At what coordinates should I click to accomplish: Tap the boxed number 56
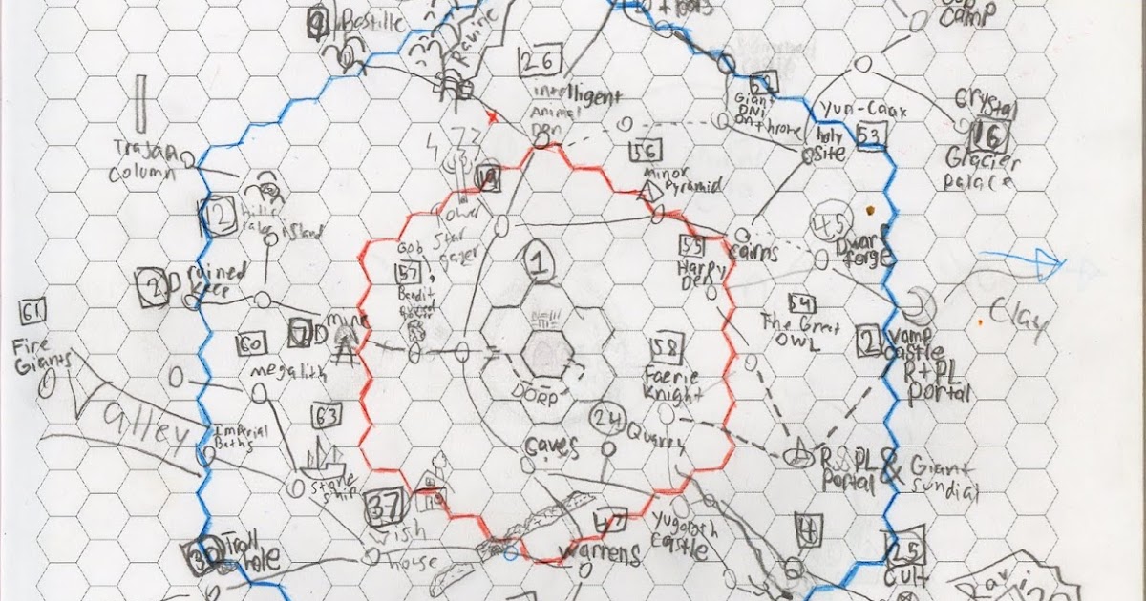tap(646, 152)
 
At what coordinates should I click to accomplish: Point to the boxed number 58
tap(663, 346)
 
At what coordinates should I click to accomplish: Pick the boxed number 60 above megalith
tap(251, 343)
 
